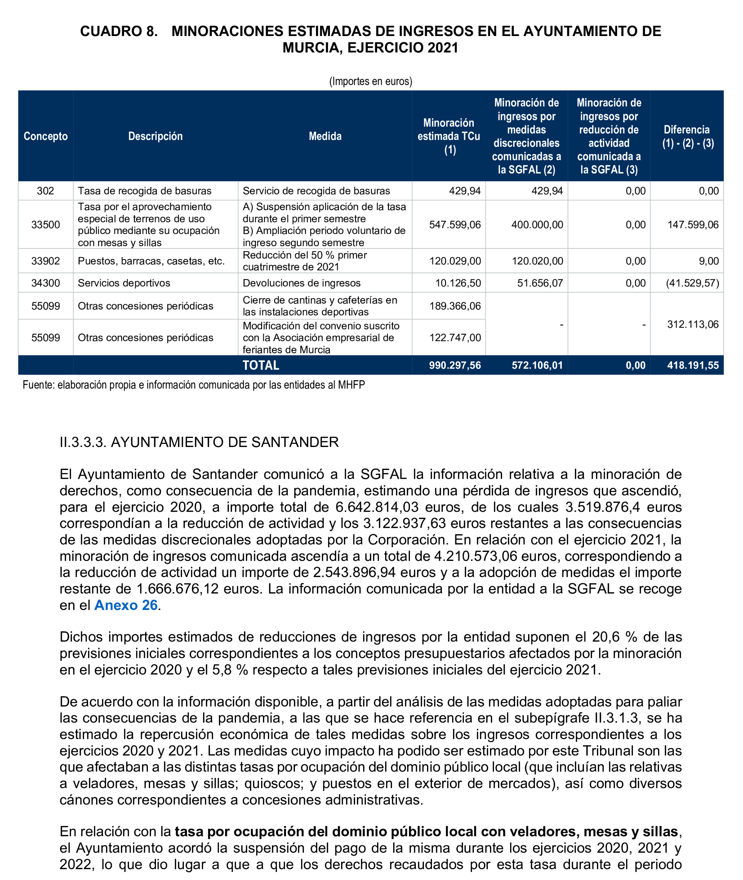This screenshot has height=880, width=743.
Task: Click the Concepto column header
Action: [45, 136]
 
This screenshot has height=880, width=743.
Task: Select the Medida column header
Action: [325, 136]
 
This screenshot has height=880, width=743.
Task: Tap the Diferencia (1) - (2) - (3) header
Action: [687, 136]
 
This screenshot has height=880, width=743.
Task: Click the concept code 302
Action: [45, 191]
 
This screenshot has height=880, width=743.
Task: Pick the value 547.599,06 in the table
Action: [455, 225]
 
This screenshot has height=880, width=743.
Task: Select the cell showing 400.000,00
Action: [537, 225]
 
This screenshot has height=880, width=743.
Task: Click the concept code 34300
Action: [45, 283]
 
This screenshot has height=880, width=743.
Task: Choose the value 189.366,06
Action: [455, 306]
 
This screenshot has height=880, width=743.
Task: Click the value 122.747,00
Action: [455, 338]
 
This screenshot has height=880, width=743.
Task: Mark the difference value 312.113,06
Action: [692, 324]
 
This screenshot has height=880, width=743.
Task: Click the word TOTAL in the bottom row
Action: [261, 366]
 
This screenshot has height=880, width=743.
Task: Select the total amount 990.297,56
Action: [455, 366]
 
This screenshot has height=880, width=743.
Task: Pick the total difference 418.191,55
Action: [692, 366]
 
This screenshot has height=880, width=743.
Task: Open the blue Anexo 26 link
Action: [126, 605]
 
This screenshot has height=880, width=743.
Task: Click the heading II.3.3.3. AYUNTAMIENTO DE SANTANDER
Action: [199, 442]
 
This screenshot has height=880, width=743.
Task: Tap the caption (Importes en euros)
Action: [371, 81]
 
